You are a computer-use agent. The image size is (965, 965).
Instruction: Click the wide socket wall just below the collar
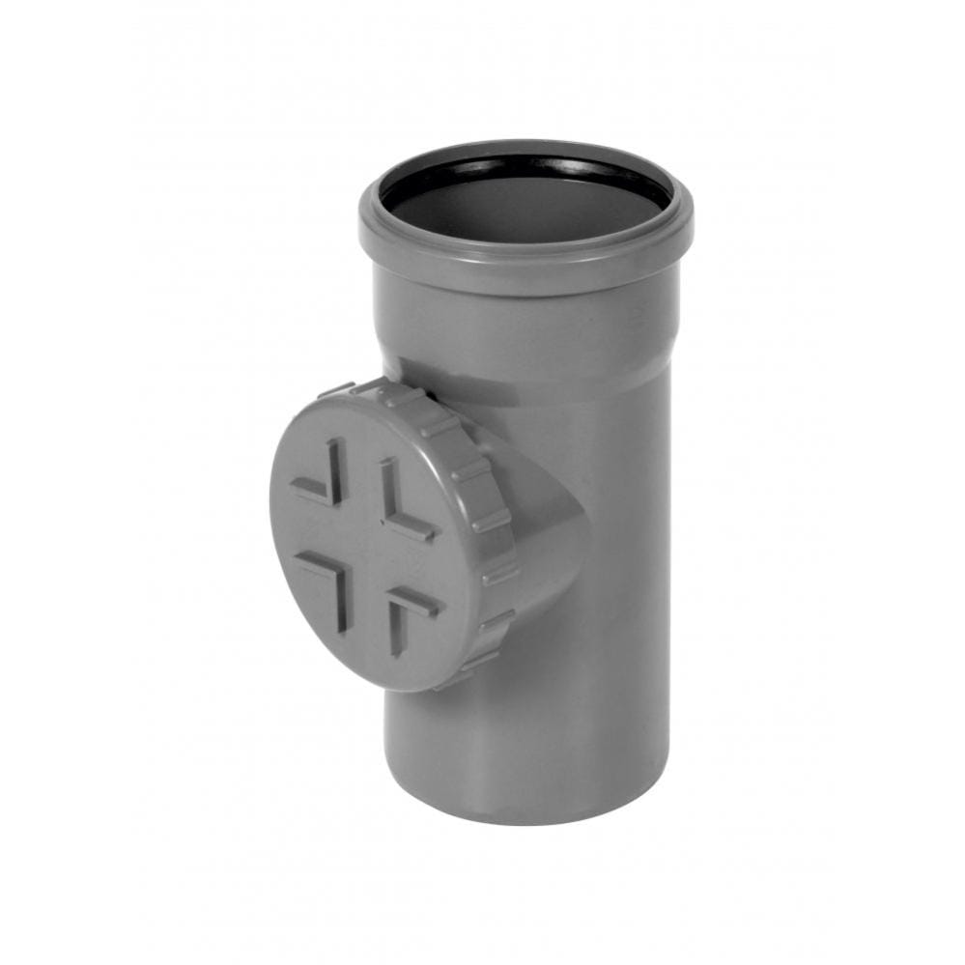point(526,319)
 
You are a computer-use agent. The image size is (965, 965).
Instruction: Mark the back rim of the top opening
point(526,147)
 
